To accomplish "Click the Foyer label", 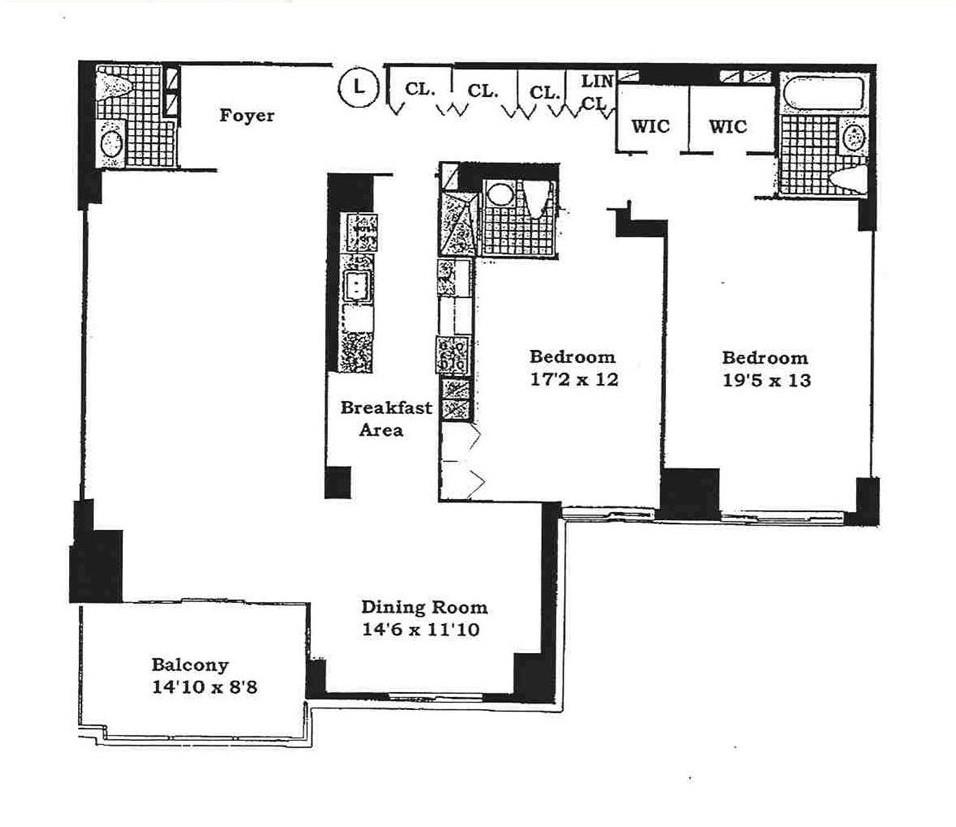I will click(246, 116).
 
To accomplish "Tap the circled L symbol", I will click(357, 87).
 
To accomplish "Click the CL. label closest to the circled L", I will click(420, 88).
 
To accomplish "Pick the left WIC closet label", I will click(649, 127).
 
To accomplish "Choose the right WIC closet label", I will click(728, 127).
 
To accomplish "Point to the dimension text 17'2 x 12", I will click(572, 380).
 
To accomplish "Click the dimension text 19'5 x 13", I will click(765, 381).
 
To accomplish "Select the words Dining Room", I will click(424, 607).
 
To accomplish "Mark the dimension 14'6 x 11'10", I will click(424, 630).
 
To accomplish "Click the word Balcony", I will click(190, 664).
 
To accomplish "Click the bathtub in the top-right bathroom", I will click(822, 93).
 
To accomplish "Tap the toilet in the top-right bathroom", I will click(849, 179).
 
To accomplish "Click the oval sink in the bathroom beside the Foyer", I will click(111, 143).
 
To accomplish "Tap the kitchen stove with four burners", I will click(453, 356).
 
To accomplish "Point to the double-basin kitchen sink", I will click(357, 287).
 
